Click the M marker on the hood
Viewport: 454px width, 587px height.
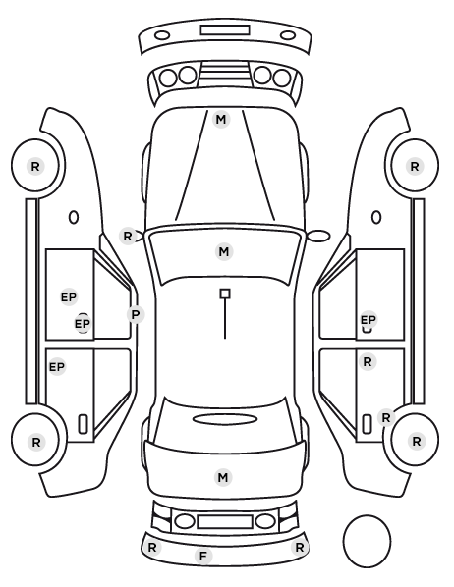coord(221,120)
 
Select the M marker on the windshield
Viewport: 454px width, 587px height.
coord(224,251)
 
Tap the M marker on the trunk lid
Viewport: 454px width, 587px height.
coord(223,477)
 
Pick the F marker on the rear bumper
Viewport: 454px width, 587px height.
coord(203,556)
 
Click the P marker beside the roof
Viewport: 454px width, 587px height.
coord(136,314)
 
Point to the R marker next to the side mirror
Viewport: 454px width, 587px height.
coord(128,237)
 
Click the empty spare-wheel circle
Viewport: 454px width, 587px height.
coord(367,541)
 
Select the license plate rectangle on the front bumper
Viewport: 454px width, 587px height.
coord(225,30)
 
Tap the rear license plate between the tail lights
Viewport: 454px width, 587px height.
coord(225,522)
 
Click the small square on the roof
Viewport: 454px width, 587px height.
coord(225,293)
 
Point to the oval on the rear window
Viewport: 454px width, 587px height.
coord(225,419)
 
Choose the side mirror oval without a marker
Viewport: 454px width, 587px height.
coord(319,236)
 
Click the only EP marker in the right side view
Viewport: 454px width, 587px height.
coord(369,320)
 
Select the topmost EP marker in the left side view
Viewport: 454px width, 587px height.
coord(69,297)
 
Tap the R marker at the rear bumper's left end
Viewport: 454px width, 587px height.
coord(152,548)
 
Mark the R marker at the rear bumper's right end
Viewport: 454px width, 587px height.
coord(299,548)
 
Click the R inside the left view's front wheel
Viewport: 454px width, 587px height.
coord(35,166)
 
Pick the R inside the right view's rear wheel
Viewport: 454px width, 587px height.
coord(417,442)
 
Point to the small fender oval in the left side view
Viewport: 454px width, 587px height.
coord(74,217)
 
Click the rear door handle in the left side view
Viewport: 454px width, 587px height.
coord(83,424)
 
